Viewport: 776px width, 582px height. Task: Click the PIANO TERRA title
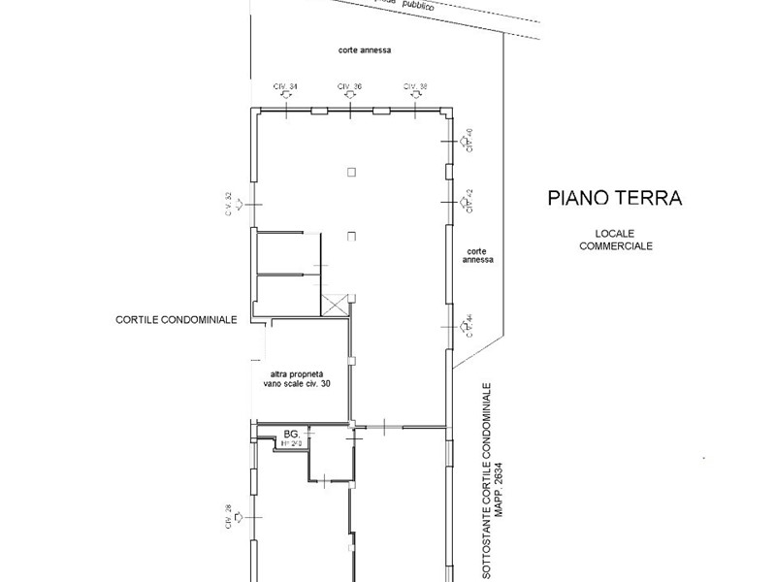[x=615, y=199]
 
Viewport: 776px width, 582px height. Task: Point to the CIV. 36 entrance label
[x=350, y=87]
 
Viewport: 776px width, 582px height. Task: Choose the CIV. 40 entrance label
[x=469, y=142]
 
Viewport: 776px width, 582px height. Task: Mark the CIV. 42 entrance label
[x=469, y=201]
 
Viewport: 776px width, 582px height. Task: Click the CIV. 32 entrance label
[x=230, y=205]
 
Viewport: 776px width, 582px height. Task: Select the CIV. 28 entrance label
[x=230, y=517]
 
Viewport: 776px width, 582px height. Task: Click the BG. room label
[x=289, y=434]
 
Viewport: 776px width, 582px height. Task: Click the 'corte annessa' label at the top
[x=364, y=49]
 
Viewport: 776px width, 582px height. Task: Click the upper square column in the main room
[x=350, y=172]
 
